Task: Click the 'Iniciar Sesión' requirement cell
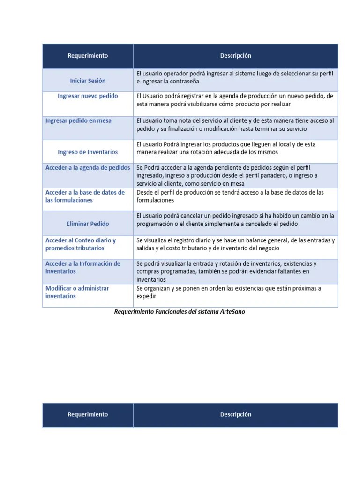coord(88,81)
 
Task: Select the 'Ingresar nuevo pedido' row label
coord(88,96)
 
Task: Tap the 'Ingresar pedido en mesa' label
coord(78,121)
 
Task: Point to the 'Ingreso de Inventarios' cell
coord(88,152)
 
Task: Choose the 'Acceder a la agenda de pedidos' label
coord(88,167)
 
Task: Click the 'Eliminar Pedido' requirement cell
coord(88,224)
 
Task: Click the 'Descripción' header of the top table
coord(235,56)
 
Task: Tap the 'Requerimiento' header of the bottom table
coord(88,414)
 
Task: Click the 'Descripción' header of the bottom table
coord(235,414)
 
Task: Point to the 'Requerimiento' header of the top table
coord(88,56)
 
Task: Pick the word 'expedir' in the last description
coord(146,296)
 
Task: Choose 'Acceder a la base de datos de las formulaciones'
coord(85,196)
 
